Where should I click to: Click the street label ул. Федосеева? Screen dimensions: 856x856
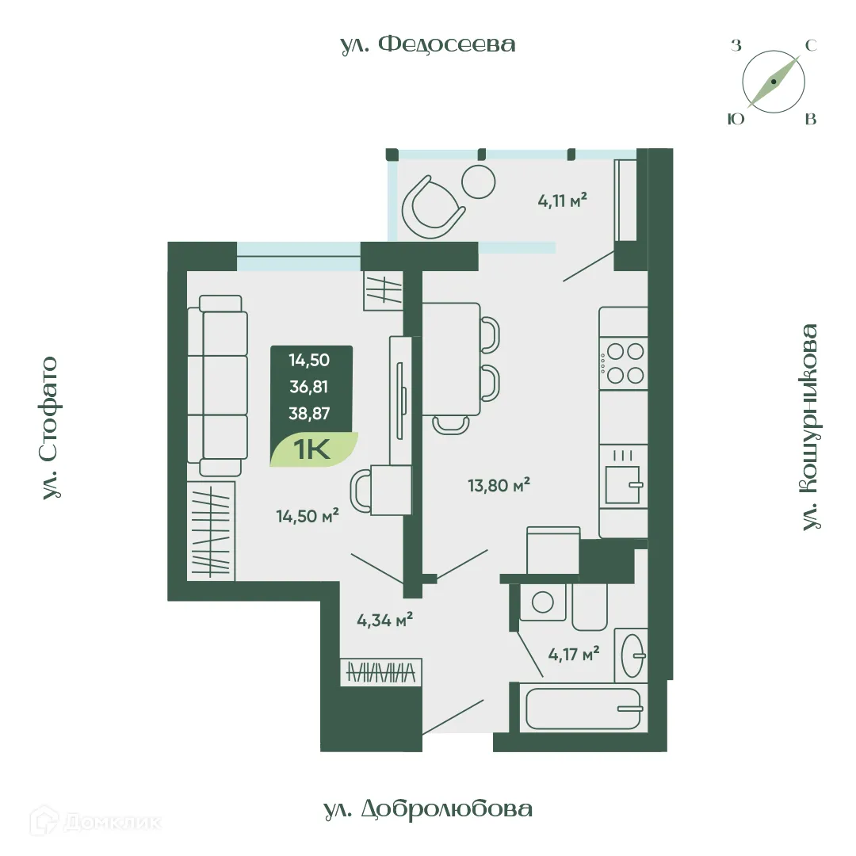[x=427, y=44]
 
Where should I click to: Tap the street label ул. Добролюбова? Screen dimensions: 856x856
[x=427, y=808]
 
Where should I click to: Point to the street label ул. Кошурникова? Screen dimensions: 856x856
[x=810, y=427]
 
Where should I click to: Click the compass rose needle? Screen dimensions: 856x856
[x=773, y=82]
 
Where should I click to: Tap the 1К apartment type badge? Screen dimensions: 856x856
[x=314, y=449]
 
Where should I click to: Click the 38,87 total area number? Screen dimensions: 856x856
[x=309, y=413]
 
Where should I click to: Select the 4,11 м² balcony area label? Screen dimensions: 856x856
[x=562, y=201]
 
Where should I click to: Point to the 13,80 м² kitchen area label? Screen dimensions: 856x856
[x=499, y=485]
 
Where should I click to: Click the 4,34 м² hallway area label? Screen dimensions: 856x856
[x=385, y=620]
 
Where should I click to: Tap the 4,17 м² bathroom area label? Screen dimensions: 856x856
[x=574, y=653]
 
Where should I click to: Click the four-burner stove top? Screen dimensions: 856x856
[x=624, y=363]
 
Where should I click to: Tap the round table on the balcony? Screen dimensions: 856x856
[x=478, y=182]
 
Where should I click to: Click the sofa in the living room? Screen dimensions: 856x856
[x=217, y=385]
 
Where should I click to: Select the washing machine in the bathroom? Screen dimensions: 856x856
[x=543, y=602]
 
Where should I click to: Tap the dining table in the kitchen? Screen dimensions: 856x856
[x=452, y=359]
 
